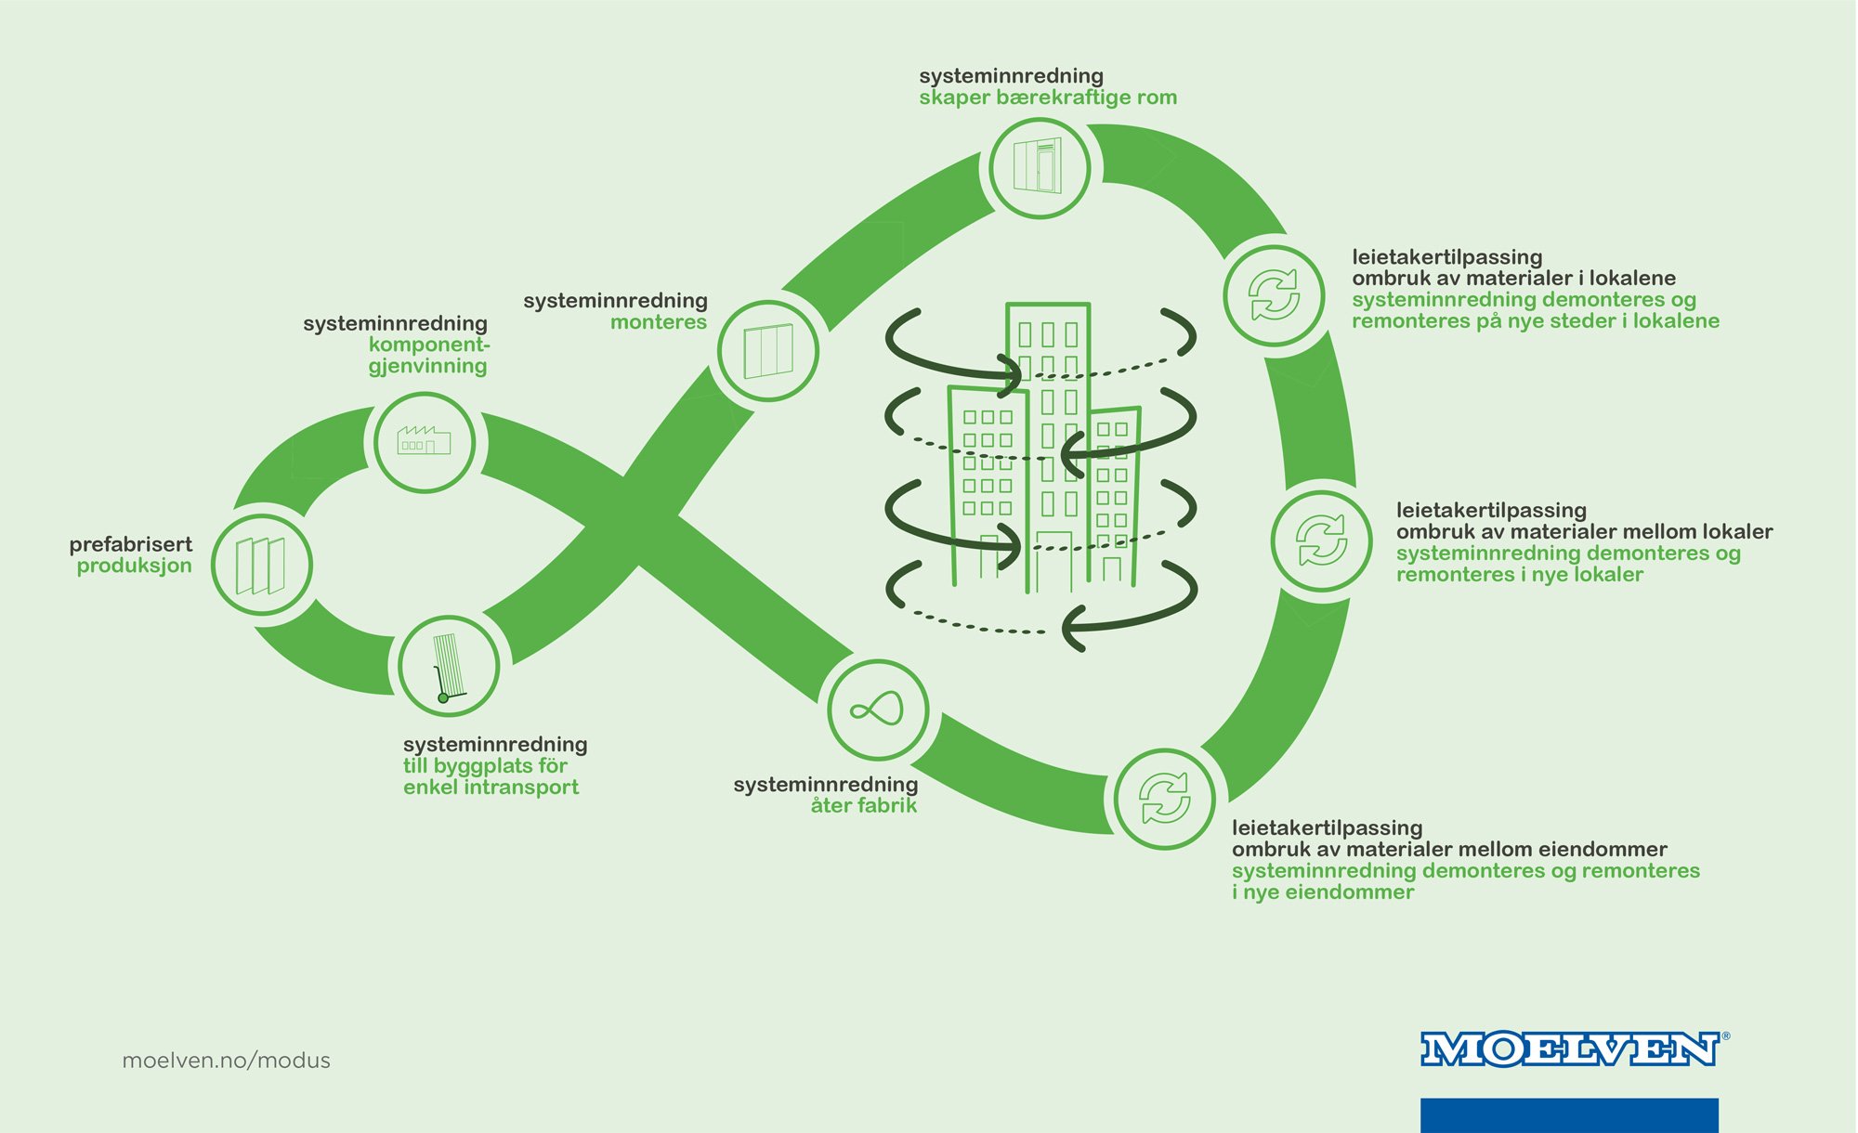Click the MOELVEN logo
click(1570, 1049)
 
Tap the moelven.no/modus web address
click(226, 1061)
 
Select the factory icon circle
click(425, 442)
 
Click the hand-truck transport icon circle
click(449, 666)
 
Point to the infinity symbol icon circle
click(877, 710)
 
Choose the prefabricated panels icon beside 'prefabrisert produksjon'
click(261, 565)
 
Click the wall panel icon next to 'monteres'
click(768, 351)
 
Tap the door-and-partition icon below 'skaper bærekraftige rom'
click(1039, 168)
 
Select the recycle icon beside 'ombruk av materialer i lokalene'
click(1274, 295)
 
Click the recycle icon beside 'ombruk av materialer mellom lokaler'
click(1321, 540)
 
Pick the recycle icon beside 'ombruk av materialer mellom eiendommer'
click(1164, 799)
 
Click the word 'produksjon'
click(134, 566)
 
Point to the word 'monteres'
click(658, 322)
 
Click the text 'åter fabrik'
click(863, 806)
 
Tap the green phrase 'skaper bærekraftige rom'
click(1047, 98)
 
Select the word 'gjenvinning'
click(427, 366)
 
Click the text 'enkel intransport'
click(491, 788)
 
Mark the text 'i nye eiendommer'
click(1323, 892)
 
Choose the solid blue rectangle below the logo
click(1569, 1114)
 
